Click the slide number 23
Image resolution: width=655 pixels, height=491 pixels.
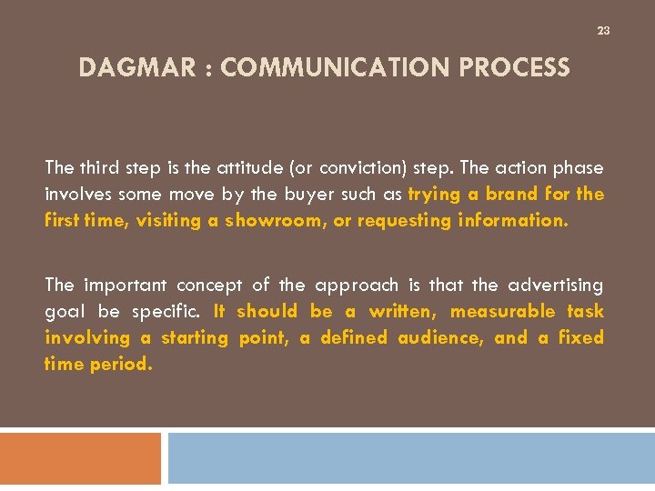603,32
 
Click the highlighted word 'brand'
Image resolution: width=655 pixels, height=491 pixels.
512,195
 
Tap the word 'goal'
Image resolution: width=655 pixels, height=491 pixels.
64,312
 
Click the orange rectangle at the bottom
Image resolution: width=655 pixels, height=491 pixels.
80,458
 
